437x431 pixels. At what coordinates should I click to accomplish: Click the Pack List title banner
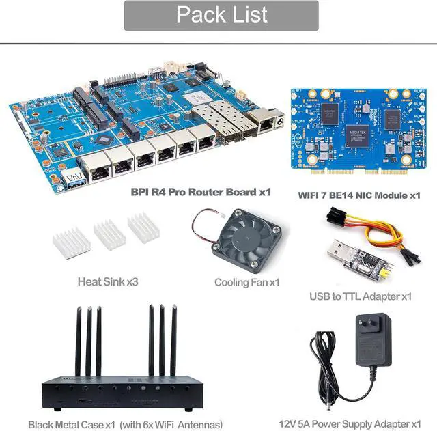(x=221, y=16)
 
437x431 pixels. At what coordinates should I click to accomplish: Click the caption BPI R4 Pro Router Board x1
(x=201, y=192)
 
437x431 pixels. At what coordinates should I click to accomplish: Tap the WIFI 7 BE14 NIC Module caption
(x=359, y=195)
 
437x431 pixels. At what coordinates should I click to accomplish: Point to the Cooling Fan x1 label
(x=247, y=281)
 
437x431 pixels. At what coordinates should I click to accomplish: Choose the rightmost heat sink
(x=143, y=227)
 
